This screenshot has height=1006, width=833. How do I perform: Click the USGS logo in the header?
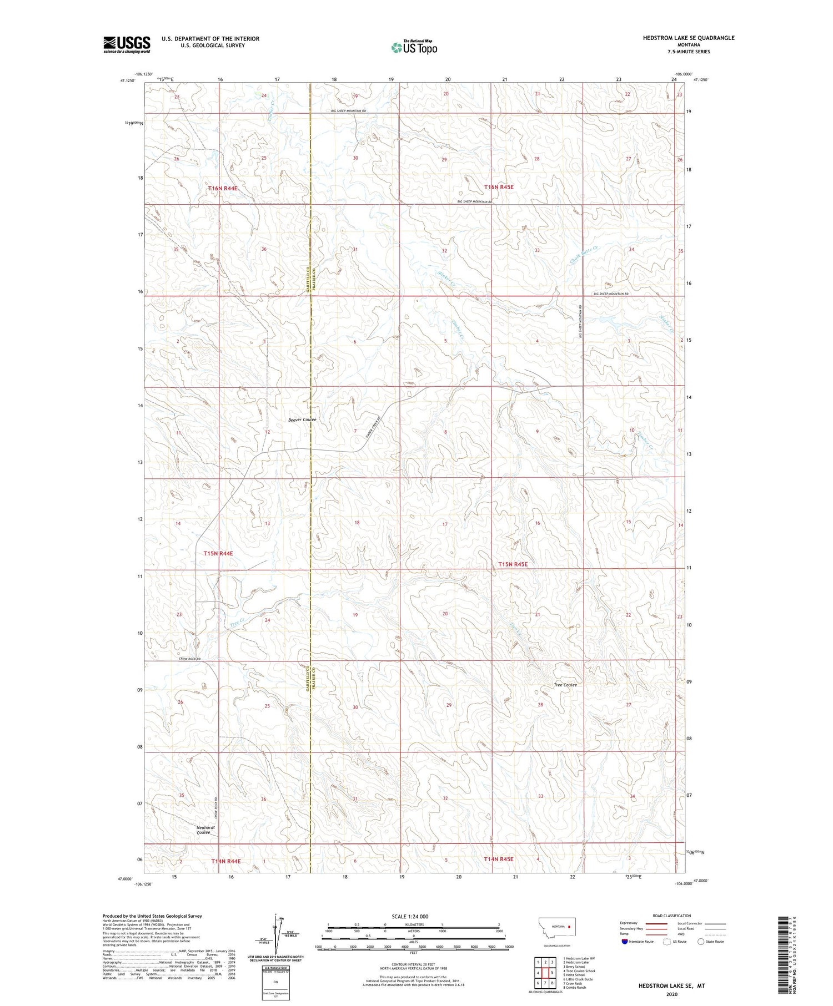pyautogui.click(x=127, y=44)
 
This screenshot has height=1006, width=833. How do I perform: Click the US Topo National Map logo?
pyautogui.click(x=414, y=47)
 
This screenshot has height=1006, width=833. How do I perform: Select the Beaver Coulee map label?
pyautogui.click(x=302, y=420)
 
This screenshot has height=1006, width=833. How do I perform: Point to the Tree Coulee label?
pyautogui.click(x=565, y=685)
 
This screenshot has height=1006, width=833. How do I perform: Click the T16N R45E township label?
pyautogui.click(x=499, y=188)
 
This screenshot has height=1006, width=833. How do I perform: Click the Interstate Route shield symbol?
pyautogui.click(x=625, y=941)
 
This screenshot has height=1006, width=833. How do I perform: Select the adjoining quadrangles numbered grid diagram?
pyautogui.click(x=545, y=971)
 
